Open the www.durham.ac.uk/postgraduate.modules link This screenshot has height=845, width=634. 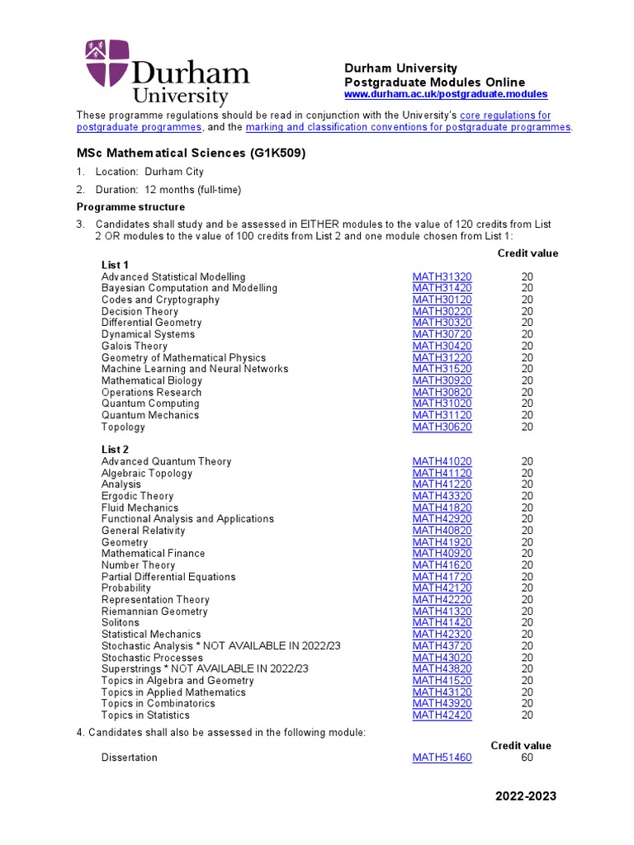[445, 95]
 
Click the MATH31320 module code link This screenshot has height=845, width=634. [442, 276]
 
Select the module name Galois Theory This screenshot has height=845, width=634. [134, 346]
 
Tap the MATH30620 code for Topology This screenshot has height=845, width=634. [442, 427]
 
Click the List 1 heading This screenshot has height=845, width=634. [115, 265]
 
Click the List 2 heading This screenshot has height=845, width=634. [115, 450]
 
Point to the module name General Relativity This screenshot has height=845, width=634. [143, 531]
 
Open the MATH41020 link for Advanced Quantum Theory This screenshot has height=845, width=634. [442, 461]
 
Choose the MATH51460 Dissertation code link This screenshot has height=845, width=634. [442, 757]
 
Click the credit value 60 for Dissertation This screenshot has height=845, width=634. [528, 757]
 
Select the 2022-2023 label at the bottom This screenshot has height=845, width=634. [526, 796]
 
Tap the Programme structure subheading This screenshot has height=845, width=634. [130, 207]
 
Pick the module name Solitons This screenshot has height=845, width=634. [121, 622]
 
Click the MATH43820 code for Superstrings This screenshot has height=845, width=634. [442, 668]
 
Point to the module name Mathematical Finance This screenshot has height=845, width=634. [153, 553]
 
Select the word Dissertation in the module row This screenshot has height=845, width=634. [129, 757]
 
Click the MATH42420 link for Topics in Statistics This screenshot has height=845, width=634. [442, 715]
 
